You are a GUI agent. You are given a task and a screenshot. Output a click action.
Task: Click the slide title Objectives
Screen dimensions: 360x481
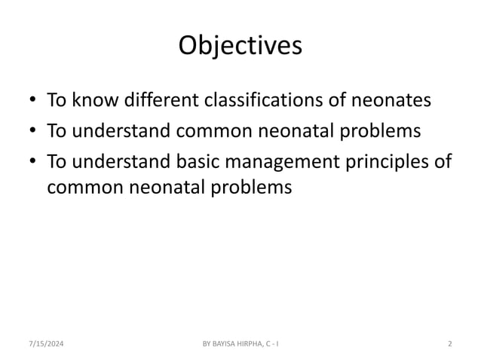(240, 46)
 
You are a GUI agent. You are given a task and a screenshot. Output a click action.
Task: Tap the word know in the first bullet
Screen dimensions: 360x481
(90, 99)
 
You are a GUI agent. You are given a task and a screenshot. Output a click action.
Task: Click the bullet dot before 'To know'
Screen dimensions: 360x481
(32, 101)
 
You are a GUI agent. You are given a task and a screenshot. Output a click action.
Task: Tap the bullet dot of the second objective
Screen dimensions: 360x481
(32, 133)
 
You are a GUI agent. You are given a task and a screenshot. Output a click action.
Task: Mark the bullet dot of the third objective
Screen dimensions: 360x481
(32, 163)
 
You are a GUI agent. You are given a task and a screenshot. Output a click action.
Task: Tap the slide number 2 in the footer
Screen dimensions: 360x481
(449, 344)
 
